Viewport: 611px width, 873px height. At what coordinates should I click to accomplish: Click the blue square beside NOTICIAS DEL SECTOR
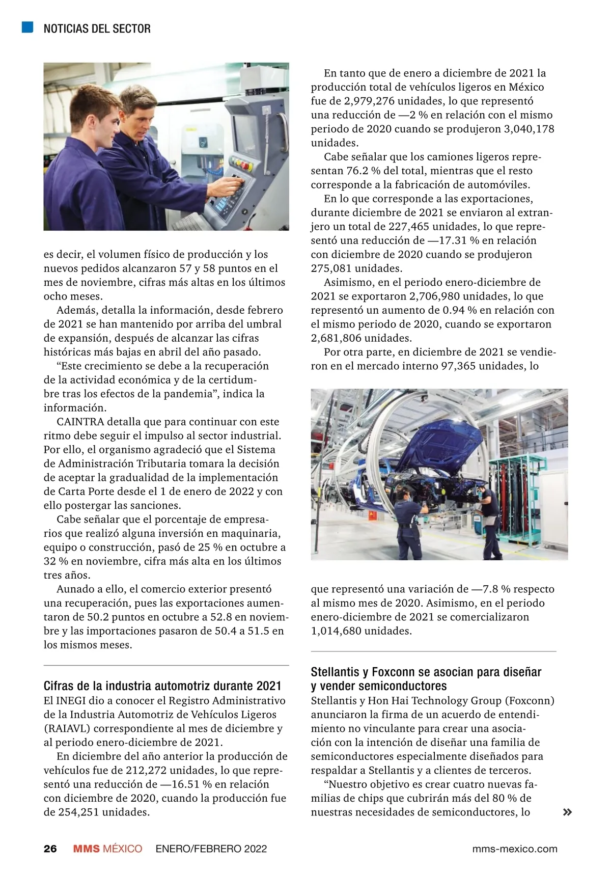coord(27,27)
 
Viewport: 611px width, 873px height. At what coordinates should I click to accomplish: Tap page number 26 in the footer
coord(50,849)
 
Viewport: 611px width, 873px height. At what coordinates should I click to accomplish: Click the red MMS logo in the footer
coord(86,849)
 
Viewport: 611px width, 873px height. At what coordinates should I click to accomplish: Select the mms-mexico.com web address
coord(515,849)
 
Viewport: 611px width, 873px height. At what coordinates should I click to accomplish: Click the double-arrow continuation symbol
coord(567,812)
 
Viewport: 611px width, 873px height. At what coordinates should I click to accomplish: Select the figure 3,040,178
coord(529,129)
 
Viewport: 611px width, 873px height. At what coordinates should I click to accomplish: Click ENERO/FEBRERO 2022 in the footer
coord(211,849)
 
